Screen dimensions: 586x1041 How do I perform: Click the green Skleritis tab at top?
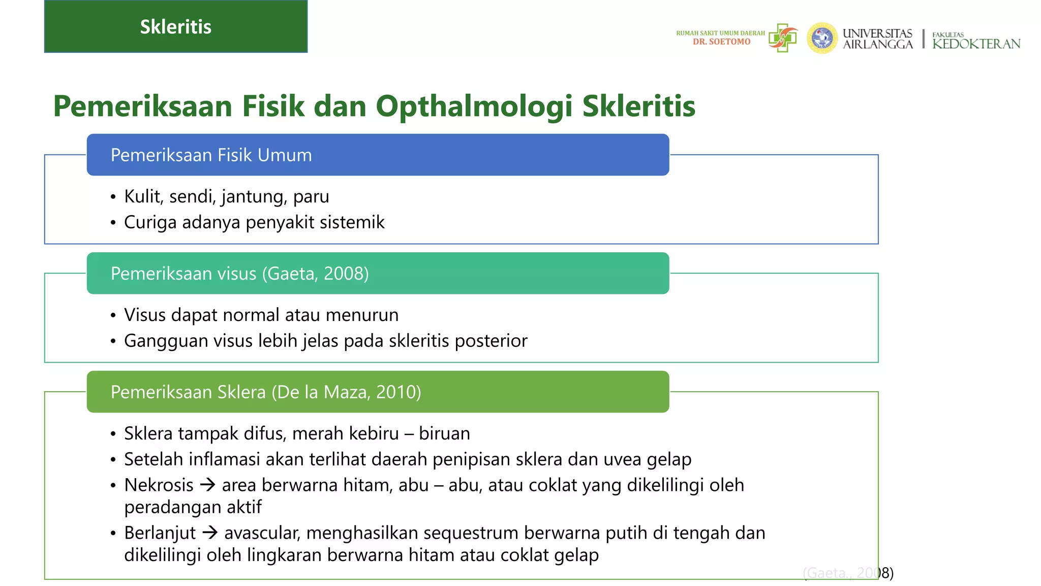coord(175,26)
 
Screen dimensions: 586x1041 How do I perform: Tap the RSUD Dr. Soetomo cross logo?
coord(783,38)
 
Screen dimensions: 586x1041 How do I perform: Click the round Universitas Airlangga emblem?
coord(822,38)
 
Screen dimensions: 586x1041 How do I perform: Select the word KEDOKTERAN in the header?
coord(976,44)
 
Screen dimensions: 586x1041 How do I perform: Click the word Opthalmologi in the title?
coord(475,106)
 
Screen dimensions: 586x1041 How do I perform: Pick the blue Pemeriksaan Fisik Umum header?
coord(378,155)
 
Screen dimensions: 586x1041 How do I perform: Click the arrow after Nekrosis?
coord(207,485)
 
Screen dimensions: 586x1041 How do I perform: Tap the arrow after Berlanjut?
coord(209,533)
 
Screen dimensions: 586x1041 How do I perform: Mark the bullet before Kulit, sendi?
coord(113,197)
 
